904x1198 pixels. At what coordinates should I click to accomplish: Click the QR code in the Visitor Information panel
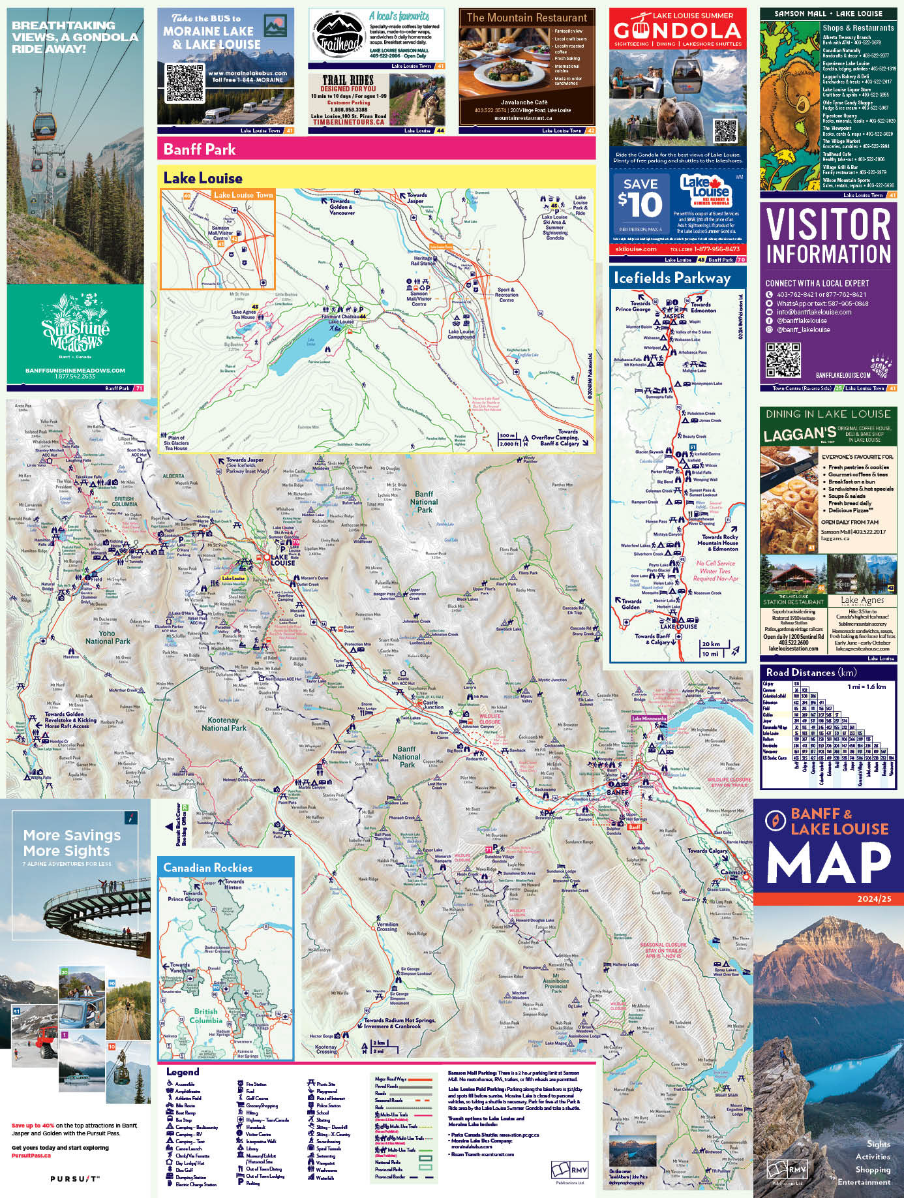pos(782,360)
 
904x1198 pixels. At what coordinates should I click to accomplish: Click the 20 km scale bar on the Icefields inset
pos(712,644)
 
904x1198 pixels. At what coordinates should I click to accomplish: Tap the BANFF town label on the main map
pos(617,792)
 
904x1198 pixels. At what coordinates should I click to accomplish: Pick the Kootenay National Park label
pos(224,724)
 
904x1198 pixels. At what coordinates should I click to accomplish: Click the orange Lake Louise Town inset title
pos(243,194)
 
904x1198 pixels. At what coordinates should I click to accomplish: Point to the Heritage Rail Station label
pos(424,260)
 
